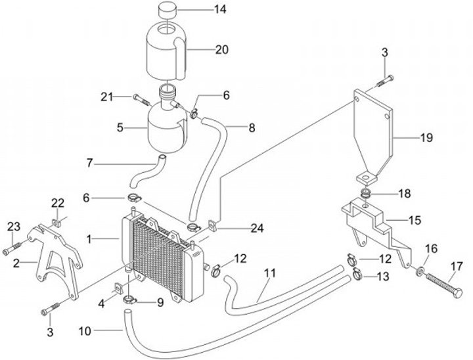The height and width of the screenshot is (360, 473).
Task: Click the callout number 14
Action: [x=220, y=9]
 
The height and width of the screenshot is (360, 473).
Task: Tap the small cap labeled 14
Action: [x=168, y=11]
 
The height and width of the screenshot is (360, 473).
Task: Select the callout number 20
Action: [x=222, y=49]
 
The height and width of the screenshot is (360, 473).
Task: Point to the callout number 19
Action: [x=426, y=137]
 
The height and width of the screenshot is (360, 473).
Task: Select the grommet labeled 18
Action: [x=366, y=193]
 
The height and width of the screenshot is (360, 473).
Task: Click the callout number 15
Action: [x=415, y=220]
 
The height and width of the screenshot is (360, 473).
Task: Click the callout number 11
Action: [x=270, y=273]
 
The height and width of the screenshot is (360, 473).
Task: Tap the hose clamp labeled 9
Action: [x=130, y=300]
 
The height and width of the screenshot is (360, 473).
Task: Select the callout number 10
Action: [x=85, y=331]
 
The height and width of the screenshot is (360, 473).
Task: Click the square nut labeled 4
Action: [x=118, y=288]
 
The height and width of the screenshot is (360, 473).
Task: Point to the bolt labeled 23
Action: [x=12, y=248]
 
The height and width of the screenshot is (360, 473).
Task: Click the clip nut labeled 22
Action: [x=56, y=223]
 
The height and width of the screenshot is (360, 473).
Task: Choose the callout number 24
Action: [x=257, y=229]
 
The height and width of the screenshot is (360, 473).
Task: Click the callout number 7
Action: [x=89, y=164]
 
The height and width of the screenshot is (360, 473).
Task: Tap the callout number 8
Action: [x=252, y=127]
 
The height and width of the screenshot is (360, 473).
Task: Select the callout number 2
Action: [x=16, y=263]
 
